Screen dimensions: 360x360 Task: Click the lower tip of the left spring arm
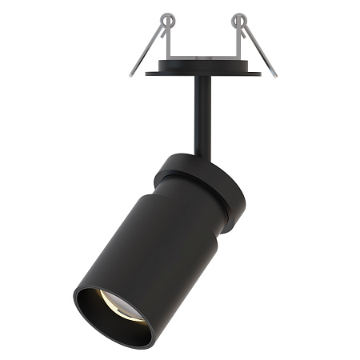(131, 75)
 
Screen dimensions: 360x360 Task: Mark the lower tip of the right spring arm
(274, 75)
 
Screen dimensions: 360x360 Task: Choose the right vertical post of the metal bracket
(238, 44)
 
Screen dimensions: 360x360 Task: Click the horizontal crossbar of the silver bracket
(203, 58)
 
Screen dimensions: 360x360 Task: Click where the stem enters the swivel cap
(196, 154)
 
